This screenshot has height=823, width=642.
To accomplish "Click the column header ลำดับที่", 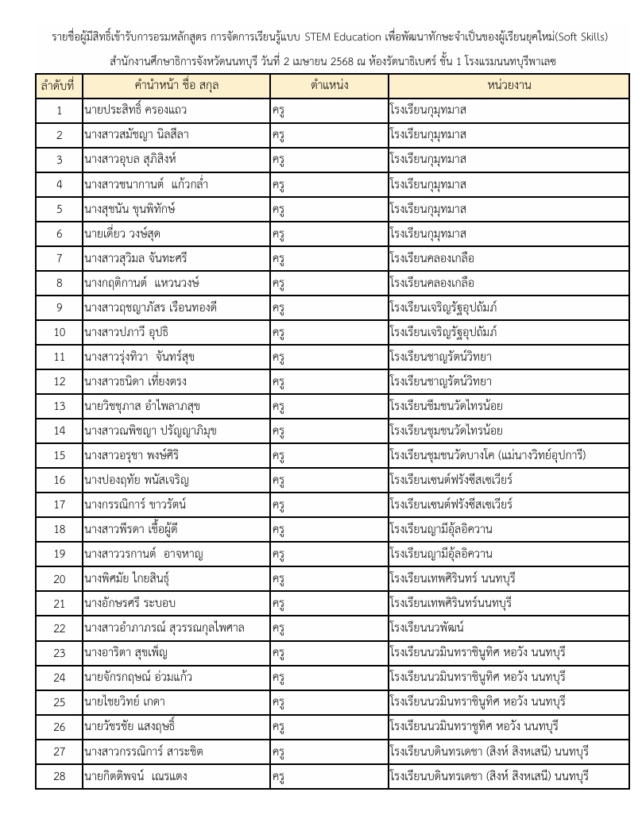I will pyautogui.click(x=60, y=85).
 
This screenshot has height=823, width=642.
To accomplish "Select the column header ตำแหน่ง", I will pyautogui.click(x=329, y=85).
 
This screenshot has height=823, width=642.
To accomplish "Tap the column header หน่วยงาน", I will pyautogui.click(x=509, y=85).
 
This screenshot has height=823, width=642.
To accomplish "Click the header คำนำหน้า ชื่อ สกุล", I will pyautogui.click(x=176, y=85).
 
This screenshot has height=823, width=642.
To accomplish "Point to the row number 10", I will pyautogui.click(x=60, y=332).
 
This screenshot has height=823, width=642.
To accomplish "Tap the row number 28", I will pyautogui.click(x=60, y=776).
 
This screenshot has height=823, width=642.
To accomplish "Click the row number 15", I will pyautogui.click(x=60, y=456).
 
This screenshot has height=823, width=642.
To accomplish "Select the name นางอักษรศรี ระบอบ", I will pyautogui.click(x=130, y=604).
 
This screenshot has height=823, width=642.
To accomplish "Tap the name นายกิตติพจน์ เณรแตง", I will pyautogui.click(x=136, y=776).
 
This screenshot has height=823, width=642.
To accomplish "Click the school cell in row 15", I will pyautogui.click(x=488, y=456).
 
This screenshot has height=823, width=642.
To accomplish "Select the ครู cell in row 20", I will pyautogui.click(x=278, y=579).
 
